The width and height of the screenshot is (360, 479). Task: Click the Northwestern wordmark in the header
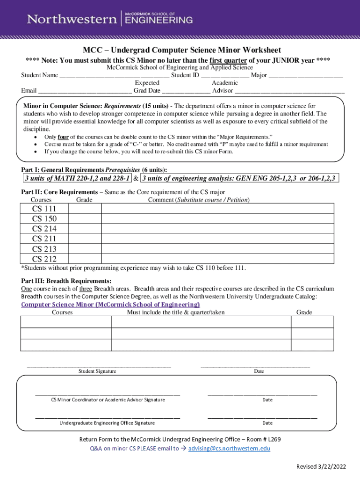tap(72, 19)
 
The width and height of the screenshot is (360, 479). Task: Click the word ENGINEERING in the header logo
tap(158, 20)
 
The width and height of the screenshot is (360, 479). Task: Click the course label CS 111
tap(44, 209)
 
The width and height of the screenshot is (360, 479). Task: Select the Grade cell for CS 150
tap(85, 219)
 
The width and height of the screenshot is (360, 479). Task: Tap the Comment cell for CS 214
tap(217, 229)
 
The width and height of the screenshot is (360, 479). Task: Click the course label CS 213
tap(44, 249)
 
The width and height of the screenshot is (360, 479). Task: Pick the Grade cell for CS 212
tap(85, 259)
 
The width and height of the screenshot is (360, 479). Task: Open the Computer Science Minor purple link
tap(110, 304)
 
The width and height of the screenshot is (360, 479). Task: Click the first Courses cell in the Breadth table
tap(65, 322)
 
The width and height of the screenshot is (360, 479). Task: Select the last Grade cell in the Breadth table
tap(312, 345)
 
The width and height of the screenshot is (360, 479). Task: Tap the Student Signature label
tap(97, 371)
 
